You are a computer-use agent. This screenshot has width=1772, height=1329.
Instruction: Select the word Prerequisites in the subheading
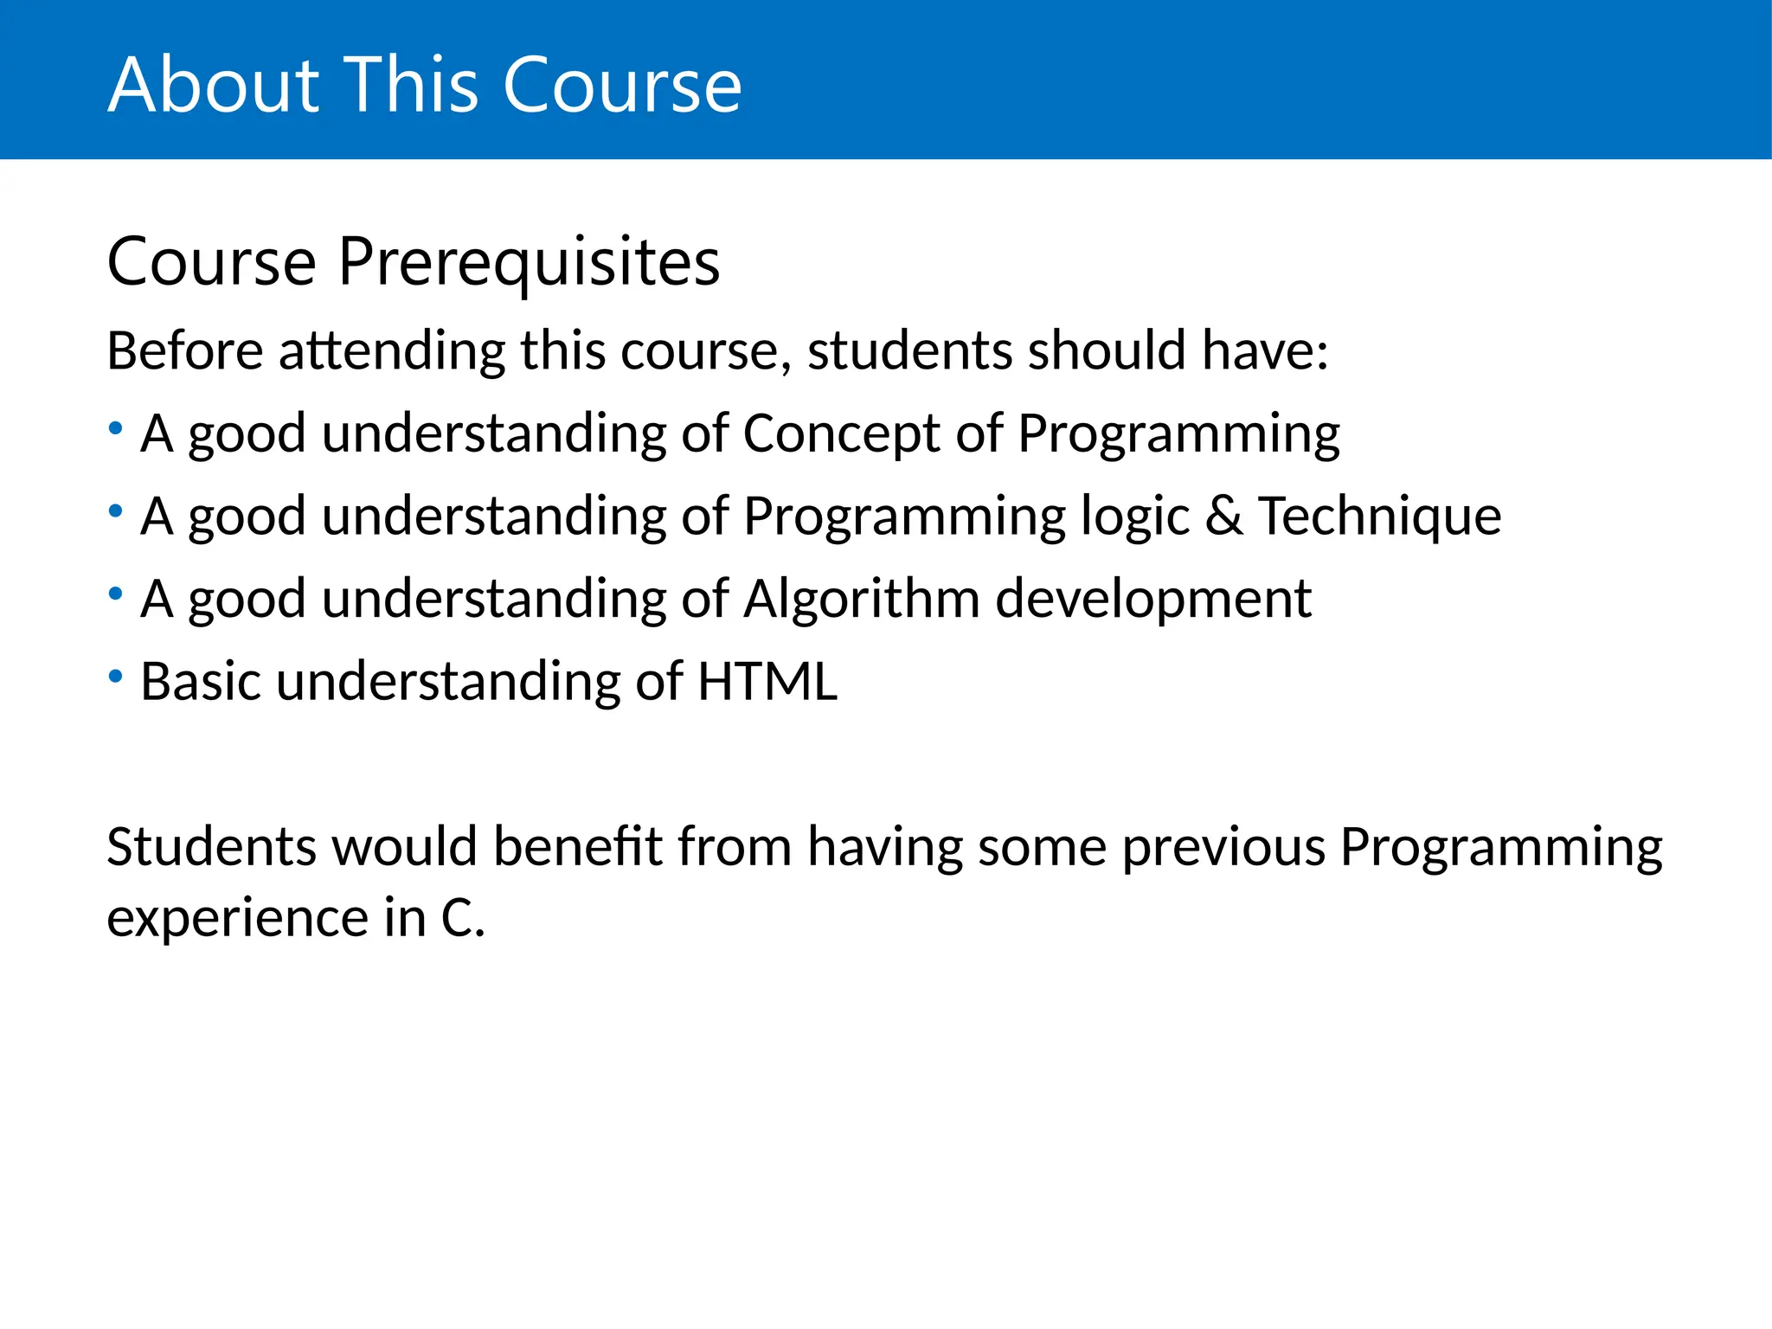click(529, 262)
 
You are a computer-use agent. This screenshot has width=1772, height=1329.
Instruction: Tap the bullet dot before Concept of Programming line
click(115, 428)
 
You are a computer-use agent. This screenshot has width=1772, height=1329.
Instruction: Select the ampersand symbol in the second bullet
click(1223, 517)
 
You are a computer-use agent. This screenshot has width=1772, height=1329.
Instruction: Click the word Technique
click(1379, 517)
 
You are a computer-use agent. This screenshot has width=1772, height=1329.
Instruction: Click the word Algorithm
click(861, 599)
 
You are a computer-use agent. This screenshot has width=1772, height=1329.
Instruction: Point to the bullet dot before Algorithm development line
click(115, 594)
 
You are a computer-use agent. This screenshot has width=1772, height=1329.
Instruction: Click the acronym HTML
click(767, 682)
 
